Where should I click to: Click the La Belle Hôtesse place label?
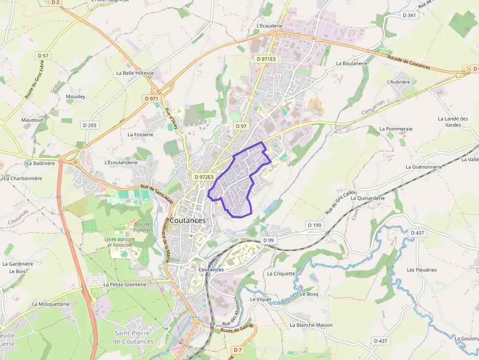click(x=135, y=73)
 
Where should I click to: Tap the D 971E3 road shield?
click(x=266, y=59)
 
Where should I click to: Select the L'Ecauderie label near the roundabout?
click(x=269, y=26)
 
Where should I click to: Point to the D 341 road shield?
click(x=409, y=15)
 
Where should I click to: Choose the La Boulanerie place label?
click(x=351, y=64)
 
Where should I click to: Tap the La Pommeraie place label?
click(x=396, y=129)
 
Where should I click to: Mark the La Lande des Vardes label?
click(x=453, y=122)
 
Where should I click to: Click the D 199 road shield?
click(x=315, y=225)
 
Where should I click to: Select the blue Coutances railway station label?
click(x=211, y=270)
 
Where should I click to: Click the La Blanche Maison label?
click(x=311, y=325)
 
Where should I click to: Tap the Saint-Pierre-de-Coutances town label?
click(x=133, y=337)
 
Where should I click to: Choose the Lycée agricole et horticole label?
click(x=120, y=242)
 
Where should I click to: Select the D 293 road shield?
click(x=90, y=125)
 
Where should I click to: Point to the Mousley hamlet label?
click(x=75, y=96)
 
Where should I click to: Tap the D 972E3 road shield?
click(x=203, y=177)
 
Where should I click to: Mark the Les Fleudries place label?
click(x=421, y=270)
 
